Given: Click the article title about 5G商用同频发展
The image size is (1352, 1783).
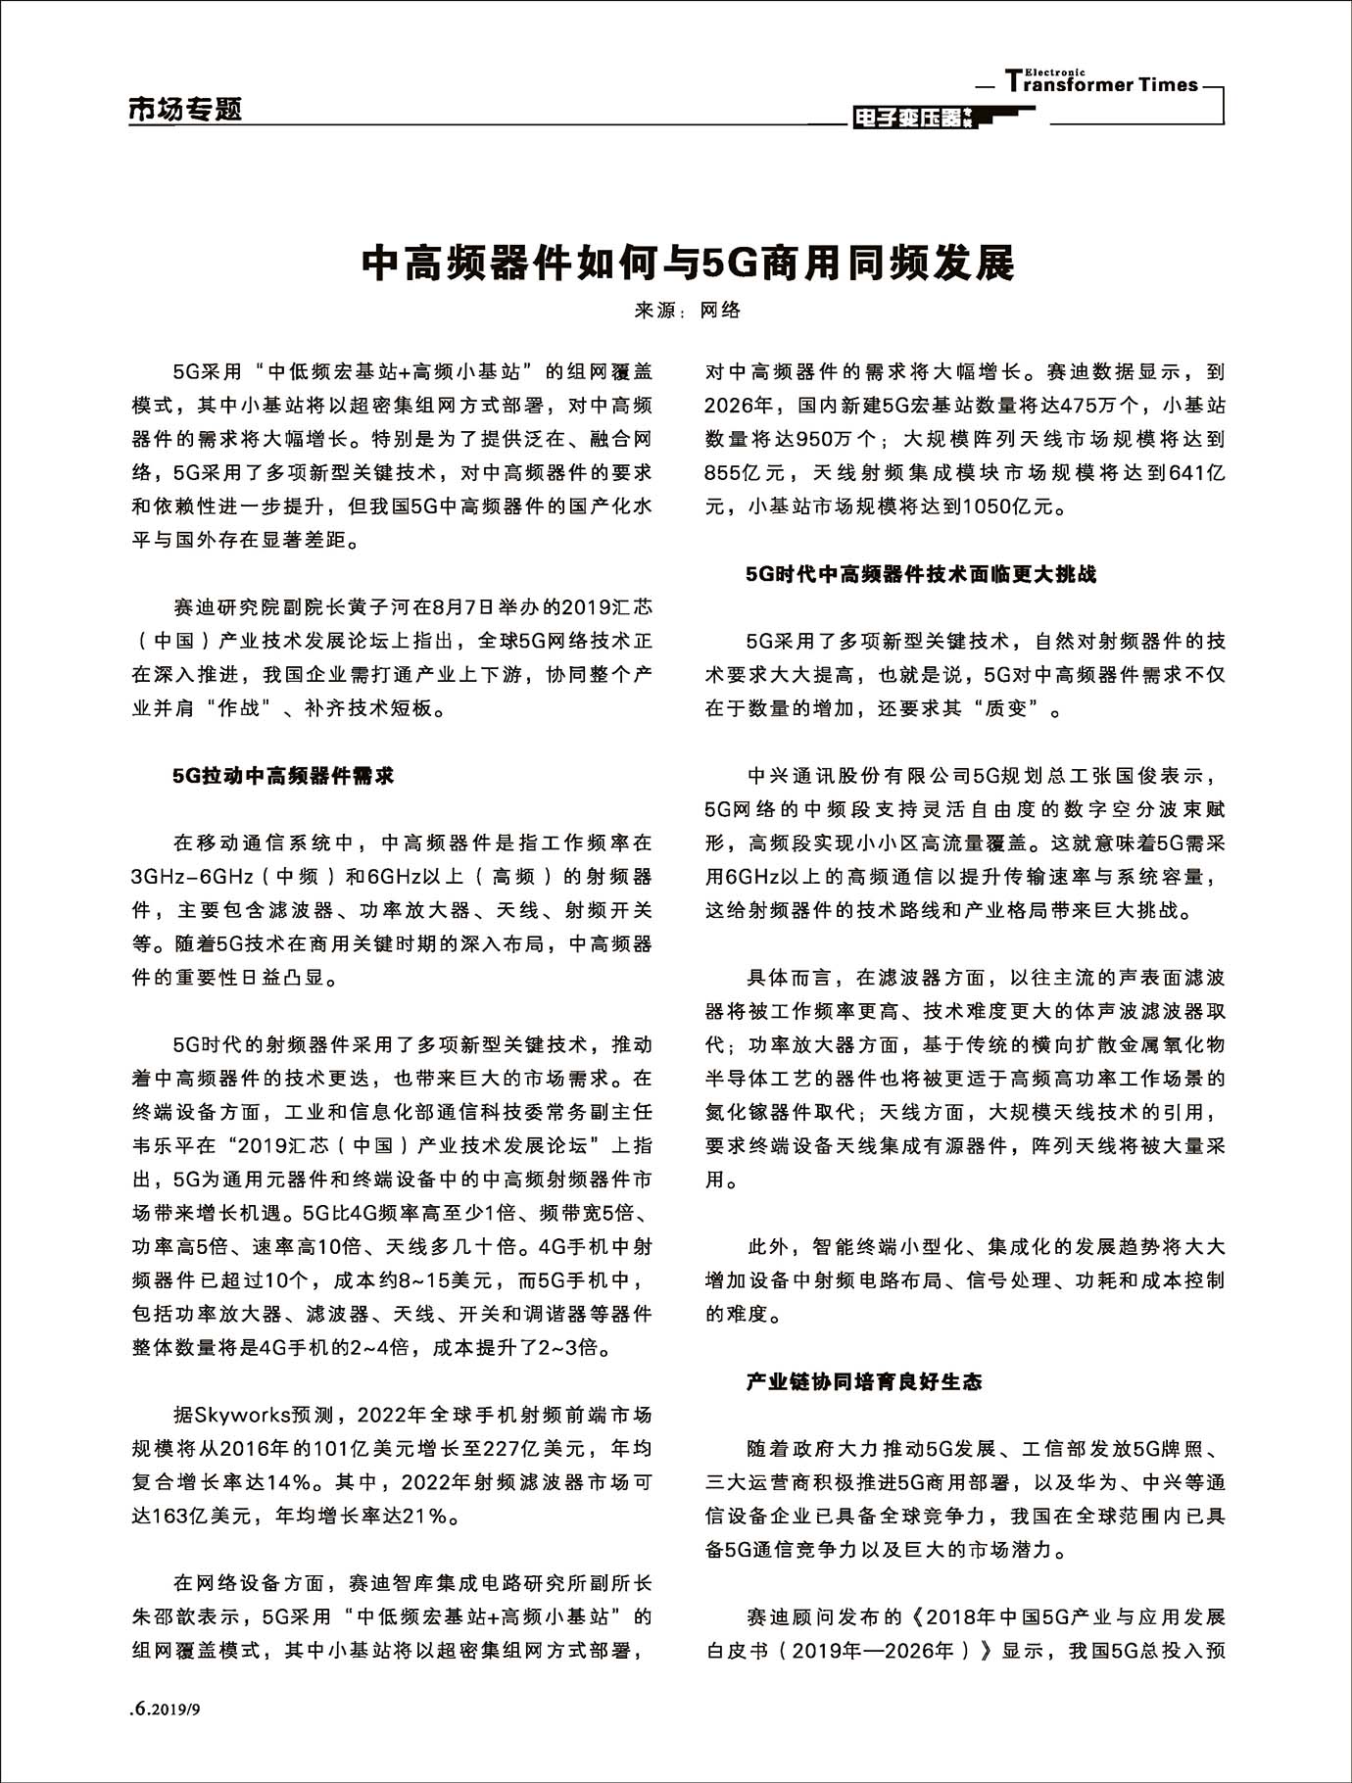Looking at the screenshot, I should coord(687,263).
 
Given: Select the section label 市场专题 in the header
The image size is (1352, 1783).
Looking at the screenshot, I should coord(185,110).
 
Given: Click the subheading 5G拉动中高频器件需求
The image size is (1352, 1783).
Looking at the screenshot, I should coord(284,776).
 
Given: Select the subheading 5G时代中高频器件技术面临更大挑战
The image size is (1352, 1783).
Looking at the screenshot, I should coord(921,574).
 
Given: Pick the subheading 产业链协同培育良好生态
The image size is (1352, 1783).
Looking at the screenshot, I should coord(864,1381).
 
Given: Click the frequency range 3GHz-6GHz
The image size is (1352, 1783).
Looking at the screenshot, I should coord(194,877).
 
